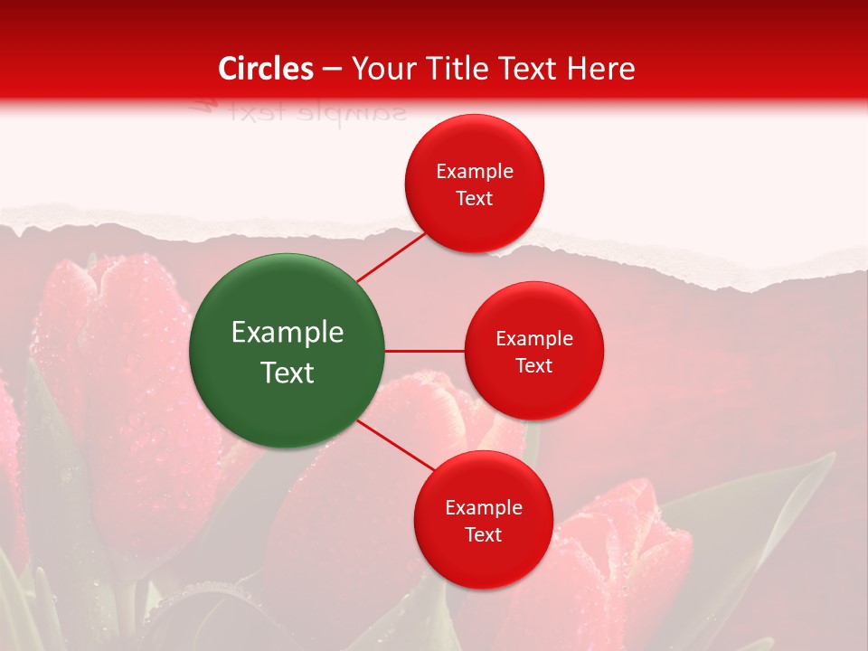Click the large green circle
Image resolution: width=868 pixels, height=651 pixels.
pos(287,351)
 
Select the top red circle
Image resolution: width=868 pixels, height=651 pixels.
pos(474,184)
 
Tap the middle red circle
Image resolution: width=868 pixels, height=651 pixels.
pos(533,351)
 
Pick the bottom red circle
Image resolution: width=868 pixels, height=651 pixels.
pos(483,520)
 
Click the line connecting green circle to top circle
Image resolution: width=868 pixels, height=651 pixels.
pos(391,257)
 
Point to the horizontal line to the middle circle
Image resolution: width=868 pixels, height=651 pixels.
pos(424,351)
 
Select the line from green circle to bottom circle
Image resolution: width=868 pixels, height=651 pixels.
pos(396,446)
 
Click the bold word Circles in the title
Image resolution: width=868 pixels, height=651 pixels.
pos(266,69)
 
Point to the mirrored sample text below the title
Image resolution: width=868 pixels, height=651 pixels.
pos(298,112)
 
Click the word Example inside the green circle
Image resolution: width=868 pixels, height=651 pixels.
pos(288,332)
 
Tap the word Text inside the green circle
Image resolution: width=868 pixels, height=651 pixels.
pos(288,372)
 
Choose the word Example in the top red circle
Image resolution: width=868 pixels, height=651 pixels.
pos(475,171)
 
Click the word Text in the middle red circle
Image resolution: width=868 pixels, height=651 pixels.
pos(533,365)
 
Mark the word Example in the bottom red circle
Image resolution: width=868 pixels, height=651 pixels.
pos(484,507)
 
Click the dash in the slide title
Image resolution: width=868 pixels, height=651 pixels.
pos(332,69)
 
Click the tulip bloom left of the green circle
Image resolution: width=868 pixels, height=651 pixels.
pos(108,362)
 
